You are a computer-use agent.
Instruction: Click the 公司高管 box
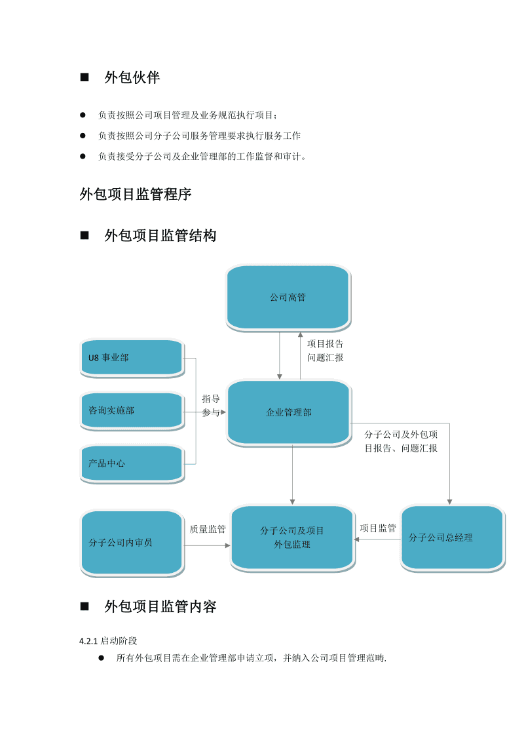coord(288,297)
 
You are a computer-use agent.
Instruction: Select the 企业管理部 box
coord(288,412)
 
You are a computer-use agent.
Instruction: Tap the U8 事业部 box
coord(131,357)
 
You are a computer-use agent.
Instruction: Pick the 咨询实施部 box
coord(131,410)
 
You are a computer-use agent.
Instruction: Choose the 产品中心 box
coord(131,463)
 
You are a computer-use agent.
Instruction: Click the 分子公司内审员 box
coord(131,542)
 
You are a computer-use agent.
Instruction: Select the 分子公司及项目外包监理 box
coord(292,537)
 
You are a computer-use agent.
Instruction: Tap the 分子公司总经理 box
coord(452,537)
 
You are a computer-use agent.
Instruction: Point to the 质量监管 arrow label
coord(208,529)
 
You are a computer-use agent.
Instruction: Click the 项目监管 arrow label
coord(378,528)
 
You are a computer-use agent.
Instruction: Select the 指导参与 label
coord(211,406)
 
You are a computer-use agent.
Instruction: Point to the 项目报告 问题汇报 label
coord(326,351)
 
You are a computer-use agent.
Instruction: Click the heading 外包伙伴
coord(132,77)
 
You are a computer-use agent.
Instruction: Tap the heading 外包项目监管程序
coord(136,194)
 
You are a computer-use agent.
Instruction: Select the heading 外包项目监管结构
coord(160,235)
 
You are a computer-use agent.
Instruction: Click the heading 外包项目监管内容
coord(160,606)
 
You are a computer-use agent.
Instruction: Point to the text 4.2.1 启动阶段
coord(108,640)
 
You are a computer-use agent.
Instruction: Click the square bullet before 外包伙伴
coord(84,77)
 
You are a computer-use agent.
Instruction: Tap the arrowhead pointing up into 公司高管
coord(301,334)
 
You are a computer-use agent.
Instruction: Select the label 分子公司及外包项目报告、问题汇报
coord(401,441)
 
